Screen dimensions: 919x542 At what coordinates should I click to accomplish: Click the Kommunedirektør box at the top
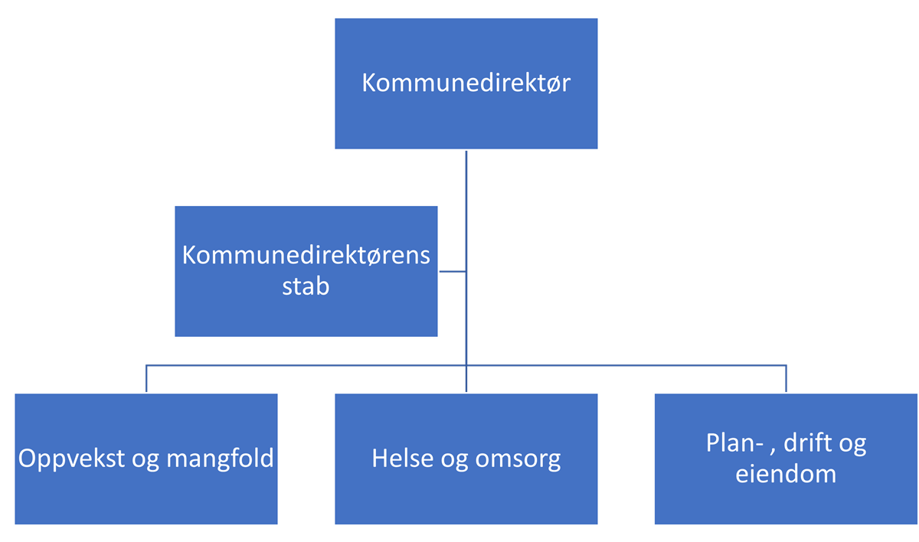466,83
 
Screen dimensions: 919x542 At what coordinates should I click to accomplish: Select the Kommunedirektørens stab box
306,272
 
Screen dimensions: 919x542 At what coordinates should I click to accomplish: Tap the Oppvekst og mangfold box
146,459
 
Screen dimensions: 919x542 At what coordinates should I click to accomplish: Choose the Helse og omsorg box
466,459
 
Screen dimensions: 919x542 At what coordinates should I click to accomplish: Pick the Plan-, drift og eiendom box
786,459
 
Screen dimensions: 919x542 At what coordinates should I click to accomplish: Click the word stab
306,286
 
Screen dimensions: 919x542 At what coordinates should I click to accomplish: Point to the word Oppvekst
71,459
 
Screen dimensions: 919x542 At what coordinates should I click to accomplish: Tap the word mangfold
220,458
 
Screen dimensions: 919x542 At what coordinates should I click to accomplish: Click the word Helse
403,458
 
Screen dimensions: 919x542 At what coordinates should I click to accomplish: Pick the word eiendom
786,474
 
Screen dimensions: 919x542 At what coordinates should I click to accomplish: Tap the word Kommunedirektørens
306,255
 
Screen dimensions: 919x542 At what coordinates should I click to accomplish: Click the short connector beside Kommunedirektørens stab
453,272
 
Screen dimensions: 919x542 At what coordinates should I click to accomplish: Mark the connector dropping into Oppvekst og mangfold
146,378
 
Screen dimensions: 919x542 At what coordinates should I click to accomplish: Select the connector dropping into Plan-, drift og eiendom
786,378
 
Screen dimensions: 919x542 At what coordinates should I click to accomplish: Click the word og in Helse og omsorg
454,460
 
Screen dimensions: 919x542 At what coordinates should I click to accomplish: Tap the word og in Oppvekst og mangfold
146,460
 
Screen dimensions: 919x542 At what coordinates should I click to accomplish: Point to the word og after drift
852,446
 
